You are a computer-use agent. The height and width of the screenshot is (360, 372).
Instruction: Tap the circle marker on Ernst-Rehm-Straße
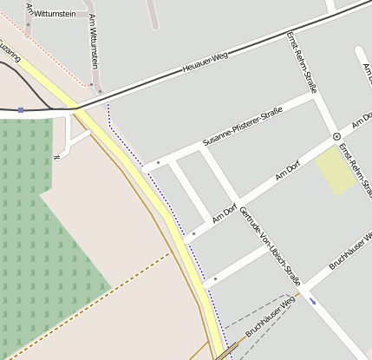(336, 137)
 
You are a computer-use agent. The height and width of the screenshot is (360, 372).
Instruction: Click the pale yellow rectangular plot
(334, 169)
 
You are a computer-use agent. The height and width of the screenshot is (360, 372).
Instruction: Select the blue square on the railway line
(20, 110)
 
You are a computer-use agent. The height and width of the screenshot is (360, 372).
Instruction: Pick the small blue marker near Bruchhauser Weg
(312, 301)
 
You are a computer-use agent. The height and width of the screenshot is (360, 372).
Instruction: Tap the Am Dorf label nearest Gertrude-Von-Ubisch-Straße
(225, 211)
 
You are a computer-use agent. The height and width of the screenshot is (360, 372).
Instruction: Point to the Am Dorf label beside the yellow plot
(287, 172)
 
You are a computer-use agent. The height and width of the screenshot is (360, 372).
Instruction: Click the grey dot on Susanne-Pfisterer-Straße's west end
(158, 162)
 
